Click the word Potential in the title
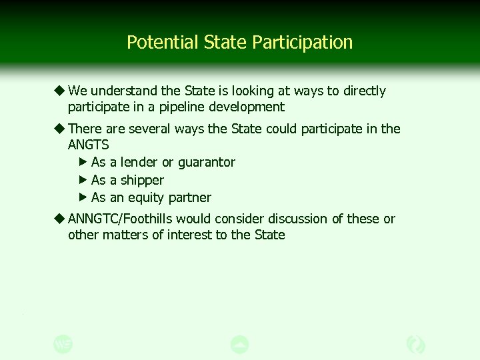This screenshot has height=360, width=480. (x=154, y=43)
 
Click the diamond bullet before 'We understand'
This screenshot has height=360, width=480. (x=60, y=91)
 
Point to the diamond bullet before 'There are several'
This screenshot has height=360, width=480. (x=60, y=129)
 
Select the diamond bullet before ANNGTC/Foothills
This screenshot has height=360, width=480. (x=60, y=219)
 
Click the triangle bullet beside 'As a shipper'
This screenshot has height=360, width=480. (x=83, y=180)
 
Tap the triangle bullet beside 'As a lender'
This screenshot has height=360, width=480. (x=83, y=162)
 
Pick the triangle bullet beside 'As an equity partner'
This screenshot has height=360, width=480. (x=83, y=197)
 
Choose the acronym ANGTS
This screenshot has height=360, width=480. (x=88, y=145)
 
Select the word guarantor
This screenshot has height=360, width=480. (x=207, y=162)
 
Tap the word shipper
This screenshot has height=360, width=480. (x=142, y=180)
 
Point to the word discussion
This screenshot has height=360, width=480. (x=293, y=219)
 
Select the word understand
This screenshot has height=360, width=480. (x=122, y=91)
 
